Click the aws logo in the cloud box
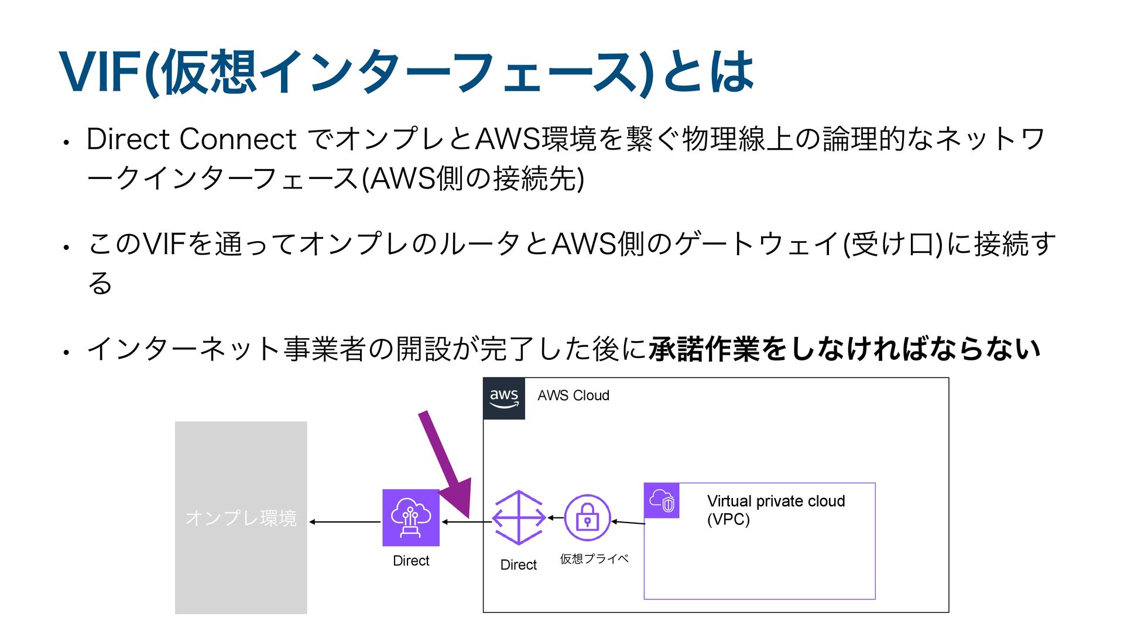click(503, 399)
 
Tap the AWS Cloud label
click(573, 396)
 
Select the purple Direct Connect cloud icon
click(411, 518)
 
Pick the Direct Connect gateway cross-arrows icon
click(519, 518)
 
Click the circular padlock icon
click(587, 518)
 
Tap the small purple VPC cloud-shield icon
click(662, 501)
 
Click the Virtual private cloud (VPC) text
click(775, 510)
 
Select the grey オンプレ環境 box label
click(241, 518)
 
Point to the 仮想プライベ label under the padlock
click(594, 559)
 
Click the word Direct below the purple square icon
click(411, 561)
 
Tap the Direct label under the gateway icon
click(519, 565)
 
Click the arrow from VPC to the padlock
click(628, 522)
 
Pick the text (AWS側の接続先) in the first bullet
click(473, 178)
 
